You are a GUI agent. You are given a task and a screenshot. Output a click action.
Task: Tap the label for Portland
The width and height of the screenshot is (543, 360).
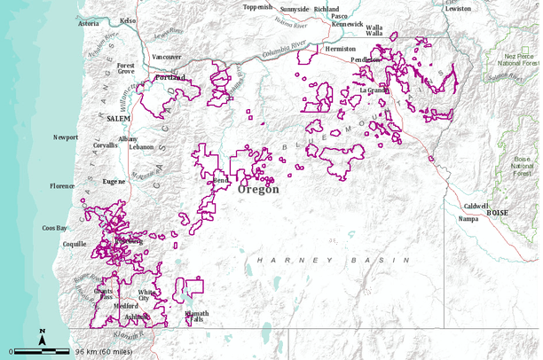point(170,78)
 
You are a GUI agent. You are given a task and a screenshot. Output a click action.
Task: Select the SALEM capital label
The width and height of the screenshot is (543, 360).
point(118,118)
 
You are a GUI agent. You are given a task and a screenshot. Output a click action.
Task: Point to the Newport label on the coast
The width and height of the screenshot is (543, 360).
point(66,137)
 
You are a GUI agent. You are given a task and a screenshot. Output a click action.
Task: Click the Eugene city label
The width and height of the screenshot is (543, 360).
point(114,180)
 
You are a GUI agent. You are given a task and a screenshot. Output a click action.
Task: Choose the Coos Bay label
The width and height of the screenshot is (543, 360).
point(55,228)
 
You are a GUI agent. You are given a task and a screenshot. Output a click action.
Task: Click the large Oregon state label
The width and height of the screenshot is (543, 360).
point(258,189)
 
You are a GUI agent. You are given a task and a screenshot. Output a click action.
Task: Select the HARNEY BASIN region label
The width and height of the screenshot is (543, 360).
point(334,260)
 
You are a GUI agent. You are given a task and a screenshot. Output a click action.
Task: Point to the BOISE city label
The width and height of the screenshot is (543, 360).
point(499,214)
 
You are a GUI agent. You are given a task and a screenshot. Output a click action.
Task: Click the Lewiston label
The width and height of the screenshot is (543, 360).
point(458,8)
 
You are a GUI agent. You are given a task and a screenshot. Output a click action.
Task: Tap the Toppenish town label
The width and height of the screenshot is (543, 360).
point(258,7)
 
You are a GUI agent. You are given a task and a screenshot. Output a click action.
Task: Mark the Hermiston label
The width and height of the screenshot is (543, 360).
point(340,49)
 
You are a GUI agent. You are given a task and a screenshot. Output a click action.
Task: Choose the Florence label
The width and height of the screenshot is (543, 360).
point(62,186)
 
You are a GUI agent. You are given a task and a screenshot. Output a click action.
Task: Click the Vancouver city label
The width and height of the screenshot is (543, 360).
point(167,57)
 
